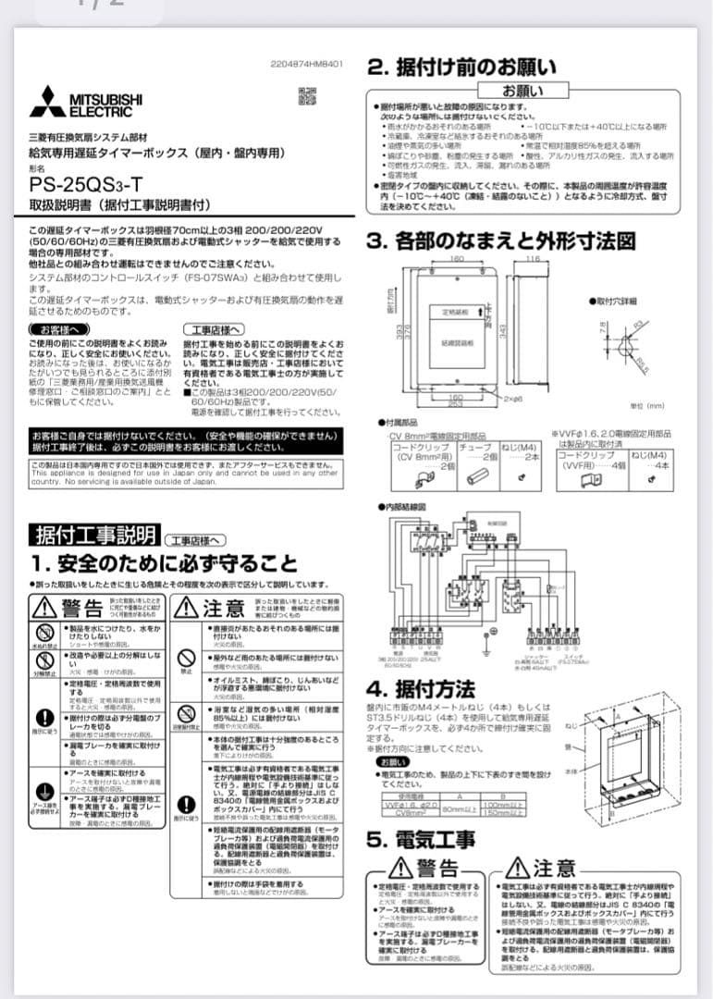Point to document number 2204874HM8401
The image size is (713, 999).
point(307,65)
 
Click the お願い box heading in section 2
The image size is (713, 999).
point(522,92)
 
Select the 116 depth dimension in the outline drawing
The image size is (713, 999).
point(532,259)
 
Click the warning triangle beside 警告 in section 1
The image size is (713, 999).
point(46,608)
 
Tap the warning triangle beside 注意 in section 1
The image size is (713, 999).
point(188,608)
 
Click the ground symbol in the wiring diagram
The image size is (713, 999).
point(485,649)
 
